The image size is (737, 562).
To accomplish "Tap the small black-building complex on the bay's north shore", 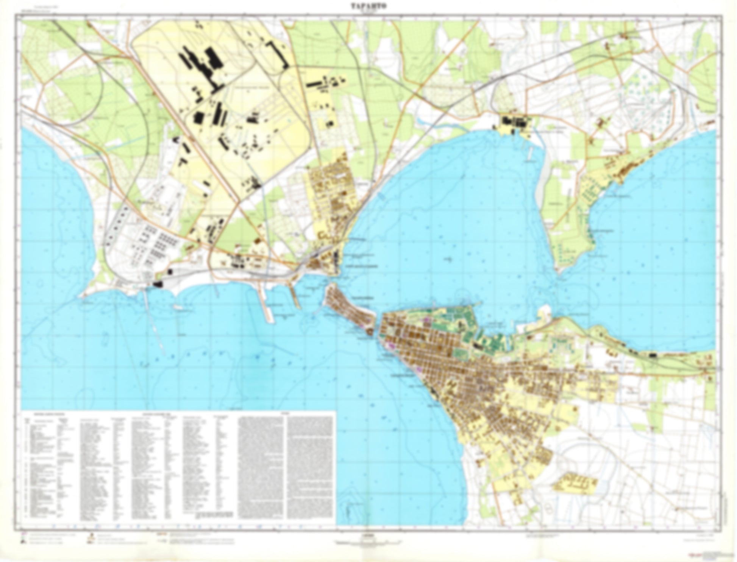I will pos(515,123).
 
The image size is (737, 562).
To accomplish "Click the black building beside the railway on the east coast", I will pos(652,355).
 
